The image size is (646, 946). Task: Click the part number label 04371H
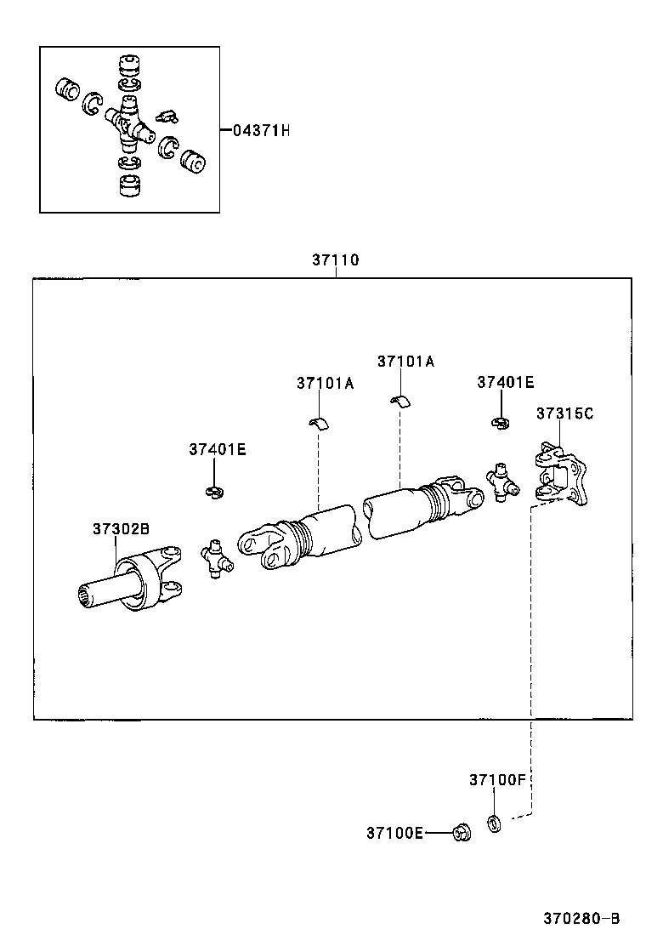click(261, 131)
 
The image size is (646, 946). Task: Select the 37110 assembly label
click(335, 261)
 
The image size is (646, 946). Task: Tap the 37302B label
click(121, 528)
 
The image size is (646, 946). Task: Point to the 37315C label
click(564, 413)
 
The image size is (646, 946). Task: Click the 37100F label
click(498, 779)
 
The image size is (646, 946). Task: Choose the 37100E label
click(394, 833)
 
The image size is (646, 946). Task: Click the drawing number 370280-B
click(581, 919)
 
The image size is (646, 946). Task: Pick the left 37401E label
click(218, 449)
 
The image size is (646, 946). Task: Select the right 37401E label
click(506, 383)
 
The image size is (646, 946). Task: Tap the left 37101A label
click(326, 383)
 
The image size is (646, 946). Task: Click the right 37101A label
click(405, 361)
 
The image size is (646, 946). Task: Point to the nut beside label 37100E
click(462, 832)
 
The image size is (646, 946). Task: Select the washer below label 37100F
click(493, 823)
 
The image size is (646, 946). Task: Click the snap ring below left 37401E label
click(215, 491)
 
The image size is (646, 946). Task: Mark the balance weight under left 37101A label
click(319, 424)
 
